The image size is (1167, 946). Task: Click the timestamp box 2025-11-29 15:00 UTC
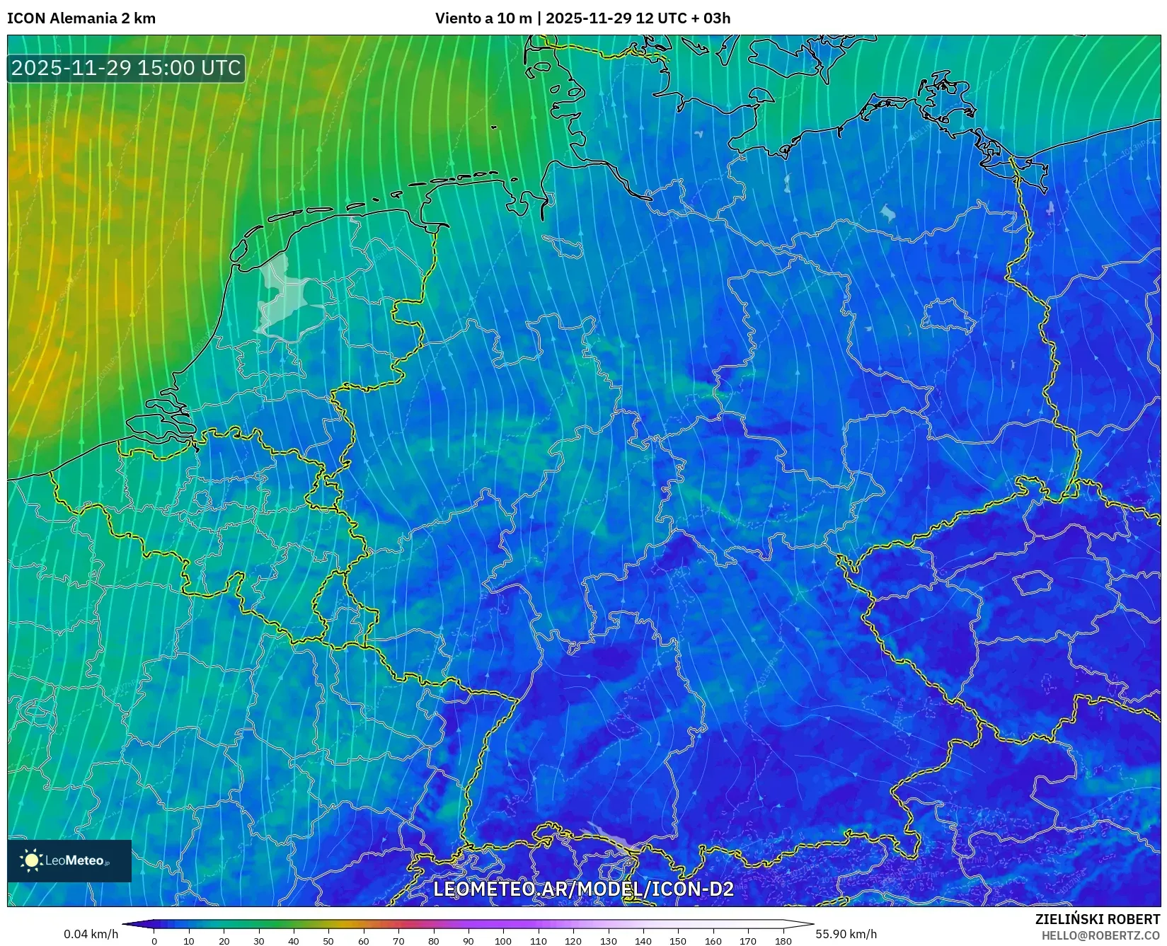126,68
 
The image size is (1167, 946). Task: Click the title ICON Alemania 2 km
81,18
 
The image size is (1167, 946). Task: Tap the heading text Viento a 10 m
483,18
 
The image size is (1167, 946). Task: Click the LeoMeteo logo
69,860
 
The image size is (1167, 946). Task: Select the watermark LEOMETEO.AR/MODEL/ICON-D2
583,889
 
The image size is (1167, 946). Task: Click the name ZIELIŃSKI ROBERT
1098,919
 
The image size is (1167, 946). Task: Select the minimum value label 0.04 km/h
91,934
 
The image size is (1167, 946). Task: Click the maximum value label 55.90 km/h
846,934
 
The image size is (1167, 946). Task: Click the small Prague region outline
1033,583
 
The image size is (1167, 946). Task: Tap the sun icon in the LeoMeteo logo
31,860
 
